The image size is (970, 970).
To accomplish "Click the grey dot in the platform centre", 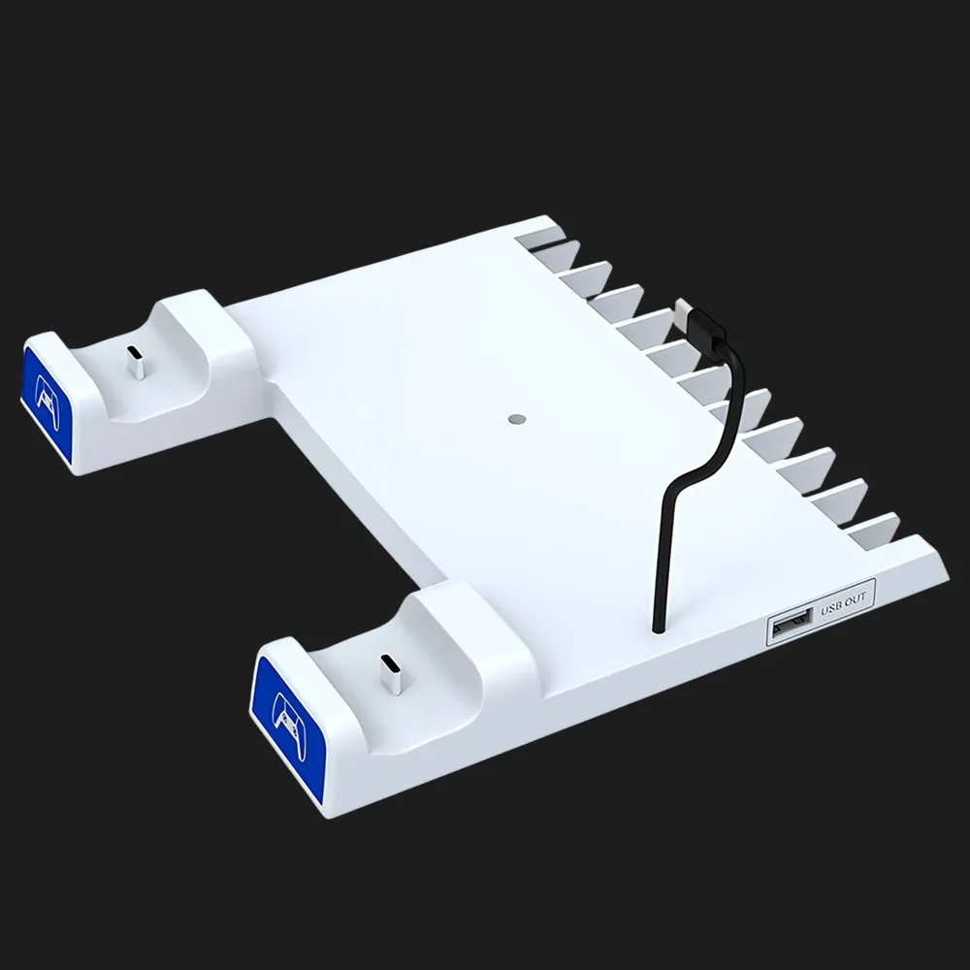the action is pyautogui.click(x=517, y=419).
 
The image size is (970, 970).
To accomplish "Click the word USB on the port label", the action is pyautogui.click(x=832, y=607).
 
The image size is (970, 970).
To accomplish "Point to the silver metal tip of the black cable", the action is pyautogui.click(x=685, y=307).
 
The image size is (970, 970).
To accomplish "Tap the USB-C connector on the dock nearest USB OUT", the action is pyautogui.click(x=392, y=674).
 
